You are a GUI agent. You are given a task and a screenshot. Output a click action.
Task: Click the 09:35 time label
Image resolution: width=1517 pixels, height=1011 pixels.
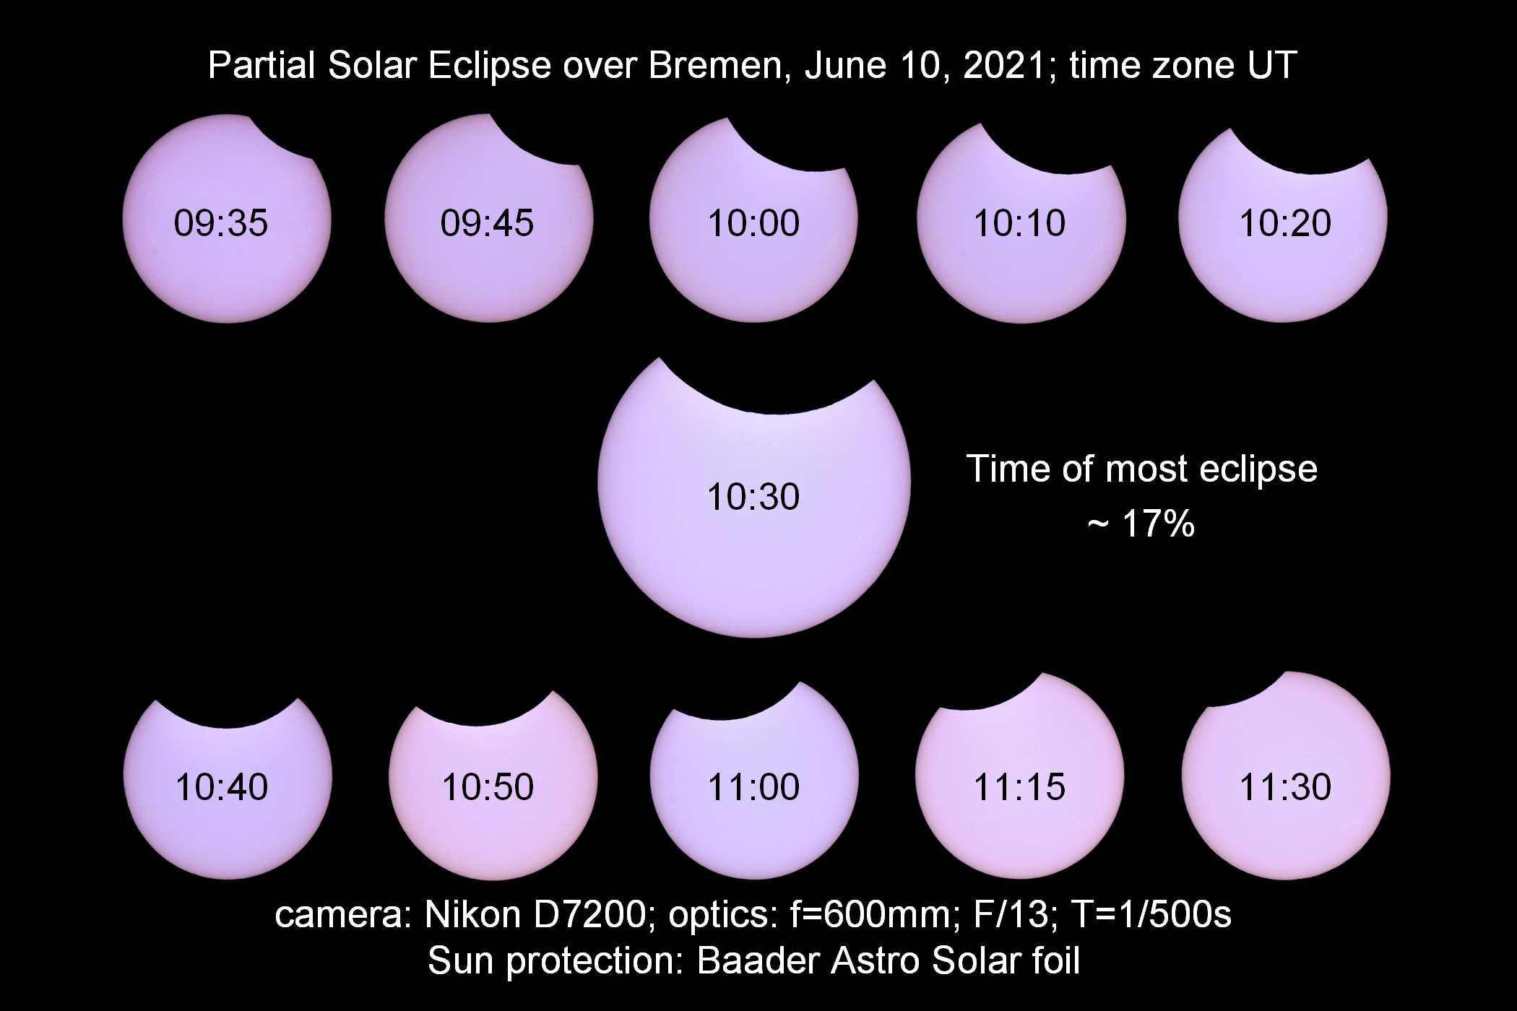[x=221, y=222]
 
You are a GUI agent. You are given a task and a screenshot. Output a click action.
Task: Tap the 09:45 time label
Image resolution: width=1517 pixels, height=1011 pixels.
[x=487, y=222]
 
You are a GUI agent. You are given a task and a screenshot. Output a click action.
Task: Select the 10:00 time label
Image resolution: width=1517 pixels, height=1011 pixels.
[x=753, y=222]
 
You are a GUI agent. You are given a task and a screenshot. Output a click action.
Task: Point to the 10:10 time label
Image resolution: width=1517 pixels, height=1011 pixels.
[x=1019, y=222]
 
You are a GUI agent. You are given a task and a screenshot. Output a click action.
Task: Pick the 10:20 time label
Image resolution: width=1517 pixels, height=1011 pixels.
[x=1285, y=222]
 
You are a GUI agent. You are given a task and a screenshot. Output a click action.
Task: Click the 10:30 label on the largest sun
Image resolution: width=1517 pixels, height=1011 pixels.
[x=753, y=497]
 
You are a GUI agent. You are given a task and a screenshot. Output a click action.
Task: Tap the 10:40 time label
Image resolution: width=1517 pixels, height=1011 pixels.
[x=222, y=786]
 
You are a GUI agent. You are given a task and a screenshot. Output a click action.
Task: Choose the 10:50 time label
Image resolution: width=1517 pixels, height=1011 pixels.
[x=488, y=786]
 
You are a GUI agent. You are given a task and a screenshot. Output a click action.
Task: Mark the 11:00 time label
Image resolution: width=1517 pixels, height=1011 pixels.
[x=753, y=786]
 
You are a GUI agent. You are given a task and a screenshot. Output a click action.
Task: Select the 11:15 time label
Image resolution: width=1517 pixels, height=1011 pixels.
[x=1019, y=786]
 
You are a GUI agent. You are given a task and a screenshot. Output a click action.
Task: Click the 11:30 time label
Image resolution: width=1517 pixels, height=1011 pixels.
[x=1285, y=786]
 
